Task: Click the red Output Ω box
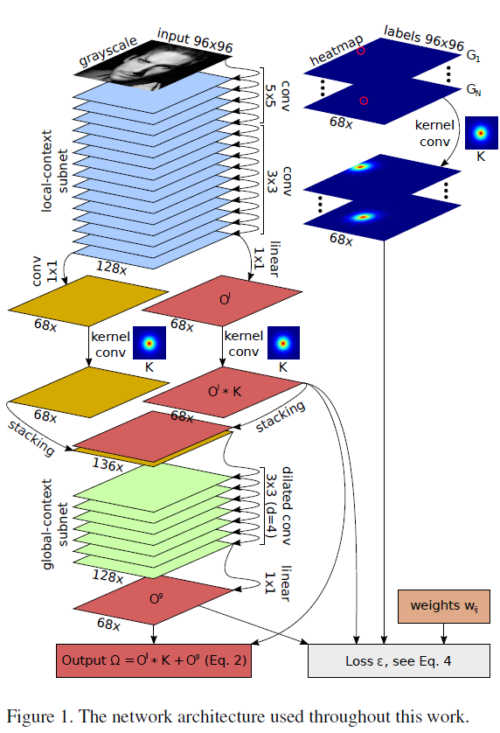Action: (x=155, y=660)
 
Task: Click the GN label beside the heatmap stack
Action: (x=473, y=90)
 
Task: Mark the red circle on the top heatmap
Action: (x=361, y=52)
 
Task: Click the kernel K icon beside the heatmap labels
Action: (x=480, y=133)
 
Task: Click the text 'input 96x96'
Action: (x=194, y=39)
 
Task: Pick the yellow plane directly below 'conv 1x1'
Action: (x=87, y=301)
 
